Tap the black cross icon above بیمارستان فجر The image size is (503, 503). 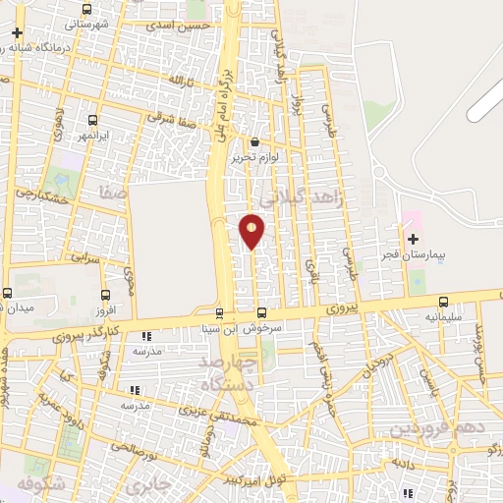pyautogui.click(x=413, y=239)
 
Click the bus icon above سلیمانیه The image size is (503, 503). pyautogui.click(x=444, y=303)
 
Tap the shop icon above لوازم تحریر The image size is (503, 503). pyautogui.click(x=255, y=141)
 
